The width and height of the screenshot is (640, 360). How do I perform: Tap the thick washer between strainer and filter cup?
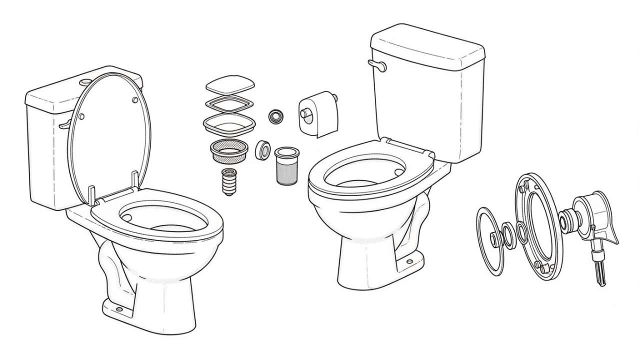click(x=263, y=150)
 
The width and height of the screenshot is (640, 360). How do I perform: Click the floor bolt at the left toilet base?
click(x=120, y=308)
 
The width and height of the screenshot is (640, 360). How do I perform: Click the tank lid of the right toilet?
click(x=427, y=49)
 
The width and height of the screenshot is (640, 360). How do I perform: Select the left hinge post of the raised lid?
click(x=91, y=196)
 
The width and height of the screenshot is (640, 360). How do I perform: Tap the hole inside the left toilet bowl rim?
click(x=126, y=217)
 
